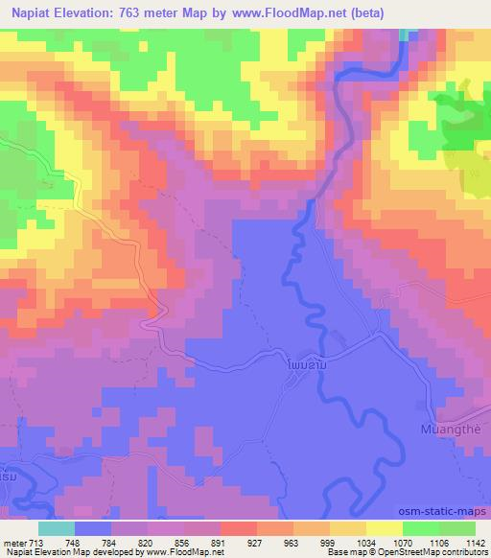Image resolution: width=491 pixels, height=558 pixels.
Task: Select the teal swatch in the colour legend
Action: coord(57,527)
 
